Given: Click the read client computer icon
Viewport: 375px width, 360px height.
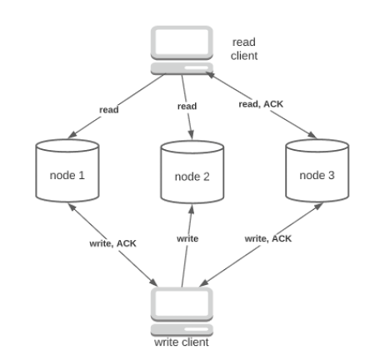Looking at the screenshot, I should pos(182,51).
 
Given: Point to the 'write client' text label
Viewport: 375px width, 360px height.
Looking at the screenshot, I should pos(181,342).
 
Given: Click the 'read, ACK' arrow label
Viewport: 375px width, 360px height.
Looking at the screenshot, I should pos(262,104).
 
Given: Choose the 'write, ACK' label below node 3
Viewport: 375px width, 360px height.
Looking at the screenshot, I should pos(267,238).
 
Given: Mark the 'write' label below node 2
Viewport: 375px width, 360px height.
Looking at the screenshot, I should pos(187,238).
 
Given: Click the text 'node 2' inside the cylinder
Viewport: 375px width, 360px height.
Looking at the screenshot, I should pos(192,177).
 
